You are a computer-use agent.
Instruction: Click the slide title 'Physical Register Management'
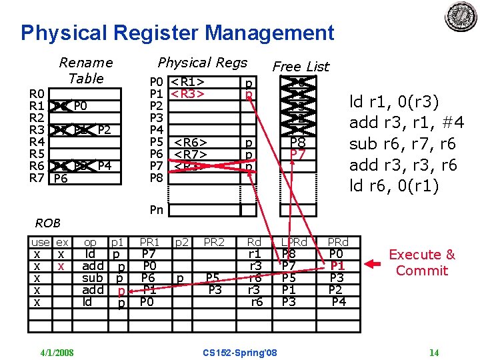[177, 32]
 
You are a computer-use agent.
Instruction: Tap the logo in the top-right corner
[461, 16]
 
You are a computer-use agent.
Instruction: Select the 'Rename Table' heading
[86, 70]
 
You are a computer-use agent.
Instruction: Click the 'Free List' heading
[301, 66]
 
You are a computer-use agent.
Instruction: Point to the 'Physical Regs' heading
[202, 63]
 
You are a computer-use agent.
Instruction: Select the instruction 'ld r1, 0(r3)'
[395, 102]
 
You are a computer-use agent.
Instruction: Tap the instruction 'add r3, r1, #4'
[407, 123]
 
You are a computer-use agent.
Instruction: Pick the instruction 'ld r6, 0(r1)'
[395, 186]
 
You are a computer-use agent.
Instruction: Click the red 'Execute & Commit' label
[422, 263]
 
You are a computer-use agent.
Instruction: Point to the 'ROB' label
[47, 223]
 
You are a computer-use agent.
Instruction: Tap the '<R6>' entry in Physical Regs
[191, 142]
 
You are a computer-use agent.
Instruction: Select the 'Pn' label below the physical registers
[156, 209]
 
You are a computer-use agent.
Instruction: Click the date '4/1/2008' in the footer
[56, 352]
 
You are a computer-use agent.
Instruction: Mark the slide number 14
[434, 352]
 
